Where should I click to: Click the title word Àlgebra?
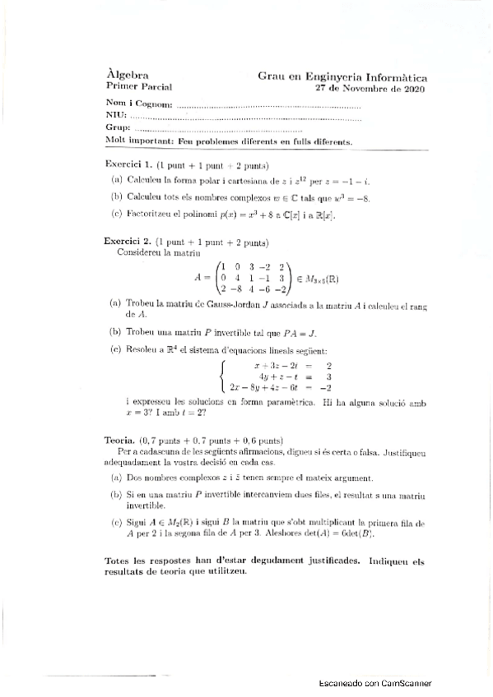(123, 74)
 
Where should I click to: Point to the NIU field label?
(116, 117)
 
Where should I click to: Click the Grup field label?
(119, 129)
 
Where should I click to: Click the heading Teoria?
(121, 440)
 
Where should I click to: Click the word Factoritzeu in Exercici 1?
(147, 215)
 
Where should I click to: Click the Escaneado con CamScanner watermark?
(375, 683)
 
